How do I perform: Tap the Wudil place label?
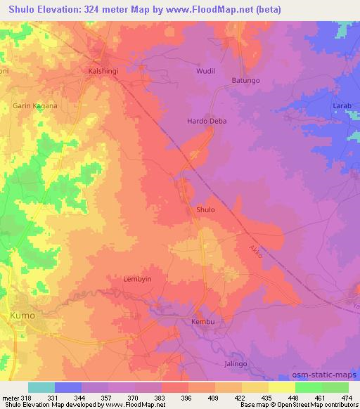(204, 72)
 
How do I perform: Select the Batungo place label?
(246, 81)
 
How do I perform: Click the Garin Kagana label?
(34, 105)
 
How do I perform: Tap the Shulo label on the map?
(205, 209)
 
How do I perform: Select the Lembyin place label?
(138, 278)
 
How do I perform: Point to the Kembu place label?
(202, 322)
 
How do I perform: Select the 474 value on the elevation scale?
(348, 397)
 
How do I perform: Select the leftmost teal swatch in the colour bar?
(41, 387)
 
